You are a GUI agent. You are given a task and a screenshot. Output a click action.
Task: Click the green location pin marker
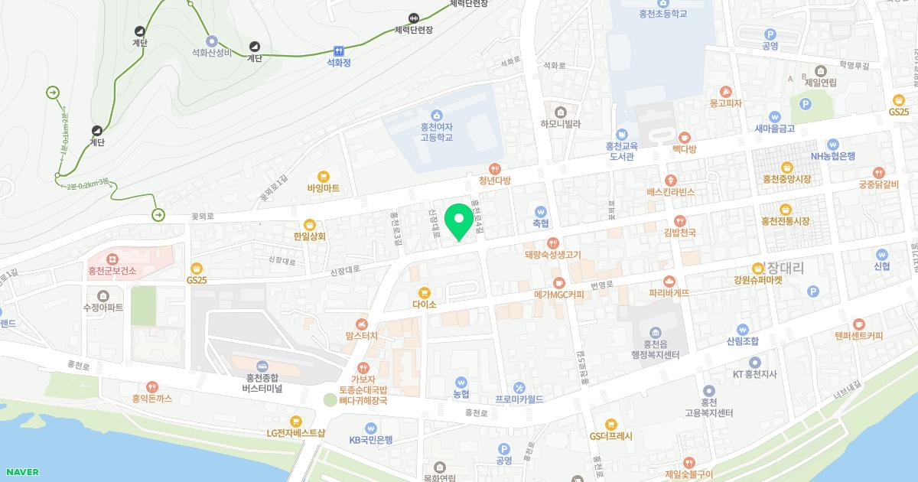tap(459, 221)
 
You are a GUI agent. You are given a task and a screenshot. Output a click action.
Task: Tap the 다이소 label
tap(424, 304)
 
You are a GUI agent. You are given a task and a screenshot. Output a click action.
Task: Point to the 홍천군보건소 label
tap(112, 271)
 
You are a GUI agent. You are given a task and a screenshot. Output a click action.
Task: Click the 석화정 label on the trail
tap(338, 63)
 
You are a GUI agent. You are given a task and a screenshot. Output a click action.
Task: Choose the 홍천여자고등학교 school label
tap(436, 132)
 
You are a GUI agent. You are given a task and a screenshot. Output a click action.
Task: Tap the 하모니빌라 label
tap(561, 123)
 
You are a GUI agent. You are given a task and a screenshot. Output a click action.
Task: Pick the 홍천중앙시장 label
tap(786, 179)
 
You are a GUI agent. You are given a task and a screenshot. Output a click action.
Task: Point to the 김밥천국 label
tap(679, 233)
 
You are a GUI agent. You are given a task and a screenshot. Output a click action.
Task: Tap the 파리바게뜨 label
tap(669, 293)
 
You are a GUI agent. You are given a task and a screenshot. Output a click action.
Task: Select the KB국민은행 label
tap(370, 439)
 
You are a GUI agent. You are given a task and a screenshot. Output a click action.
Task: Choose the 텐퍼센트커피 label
tap(858, 335)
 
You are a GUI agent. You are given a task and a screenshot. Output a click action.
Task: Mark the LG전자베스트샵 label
tap(296, 432)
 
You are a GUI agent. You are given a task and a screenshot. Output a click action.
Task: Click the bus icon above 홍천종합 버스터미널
tap(262, 366)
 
